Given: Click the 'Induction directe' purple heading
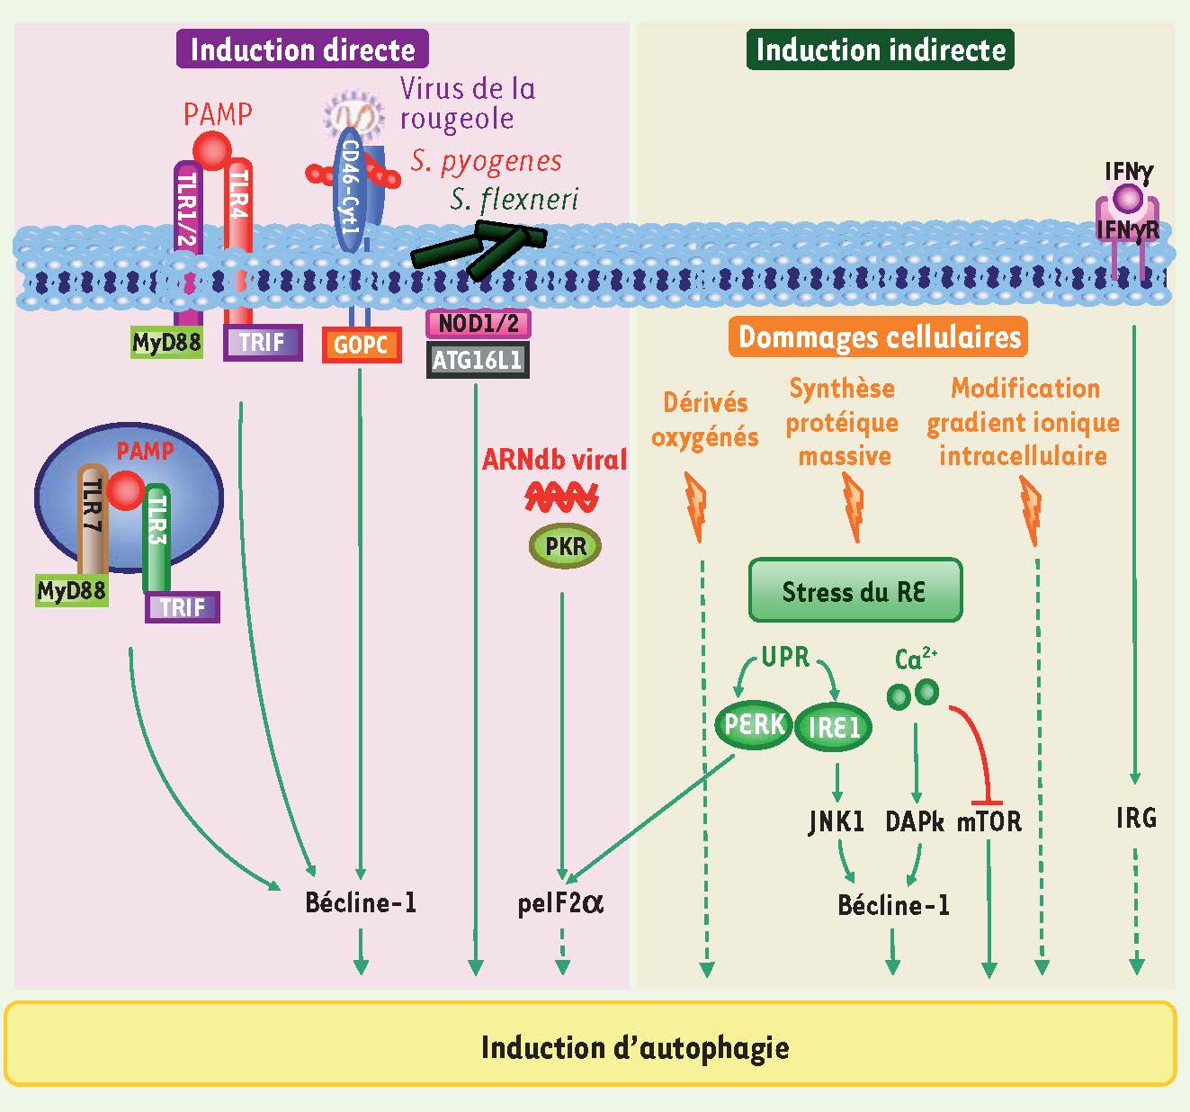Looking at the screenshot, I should coord(302,49).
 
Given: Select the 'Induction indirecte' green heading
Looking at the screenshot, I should coord(880,49).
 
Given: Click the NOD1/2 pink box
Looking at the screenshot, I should coord(478,324).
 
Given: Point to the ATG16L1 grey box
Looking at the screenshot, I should coord(478,360).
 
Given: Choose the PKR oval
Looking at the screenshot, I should coord(564,546).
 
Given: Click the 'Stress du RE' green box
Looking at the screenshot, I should coord(854,590).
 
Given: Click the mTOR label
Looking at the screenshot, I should coord(989,821).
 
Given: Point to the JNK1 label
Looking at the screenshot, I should coord(837,821).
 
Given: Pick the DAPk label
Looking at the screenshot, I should coord(915,821).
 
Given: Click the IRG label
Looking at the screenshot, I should coord(1136,818).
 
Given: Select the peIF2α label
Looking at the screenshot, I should coord(559,902).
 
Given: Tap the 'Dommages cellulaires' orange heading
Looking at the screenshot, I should coord(879,337).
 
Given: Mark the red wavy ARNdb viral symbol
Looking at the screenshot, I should coord(562,497).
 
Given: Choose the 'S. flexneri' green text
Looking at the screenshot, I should coord(514,200).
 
